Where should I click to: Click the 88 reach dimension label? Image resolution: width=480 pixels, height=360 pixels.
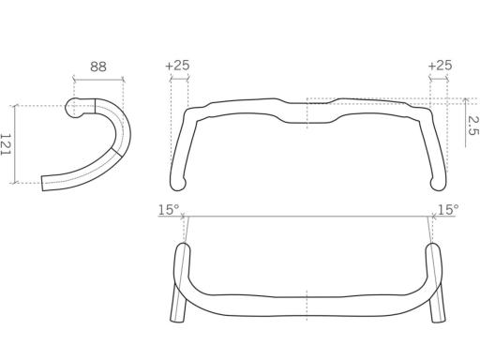point(98,67)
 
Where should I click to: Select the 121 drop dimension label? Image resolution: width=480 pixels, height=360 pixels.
point(6,144)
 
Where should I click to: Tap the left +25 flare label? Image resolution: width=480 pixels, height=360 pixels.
point(177,66)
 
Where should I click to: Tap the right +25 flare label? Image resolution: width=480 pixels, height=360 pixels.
point(440,66)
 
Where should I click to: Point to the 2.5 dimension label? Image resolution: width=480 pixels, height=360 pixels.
point(473,126)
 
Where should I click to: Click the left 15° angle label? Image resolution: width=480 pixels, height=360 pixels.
point(169,210)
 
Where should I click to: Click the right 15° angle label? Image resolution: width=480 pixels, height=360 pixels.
point(448,210)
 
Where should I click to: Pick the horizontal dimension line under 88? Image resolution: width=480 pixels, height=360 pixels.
point(98,80)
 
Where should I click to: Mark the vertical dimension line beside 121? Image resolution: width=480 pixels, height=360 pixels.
point(15,144)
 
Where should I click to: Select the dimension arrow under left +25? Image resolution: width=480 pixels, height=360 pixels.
point(179,80)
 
